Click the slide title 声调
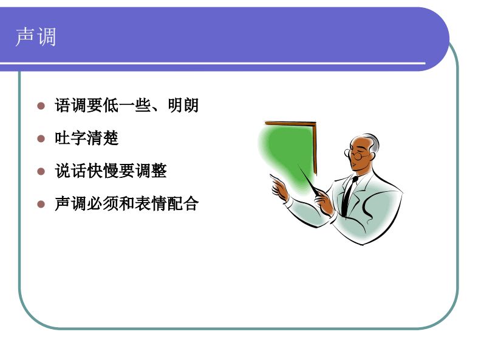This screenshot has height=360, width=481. tap(36, 37)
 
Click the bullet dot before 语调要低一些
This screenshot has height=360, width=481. tap(41, 106)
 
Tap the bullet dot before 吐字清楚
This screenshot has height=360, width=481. tap(41, 138)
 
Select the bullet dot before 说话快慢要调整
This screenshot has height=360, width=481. tap(41, 171)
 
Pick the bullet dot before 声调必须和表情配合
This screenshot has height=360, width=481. tap(41, 204)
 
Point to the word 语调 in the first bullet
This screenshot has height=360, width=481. tap(70, 106)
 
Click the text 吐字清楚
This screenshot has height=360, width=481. tap(86, 138)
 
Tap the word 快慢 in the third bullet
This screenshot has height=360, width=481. tap(103, 171)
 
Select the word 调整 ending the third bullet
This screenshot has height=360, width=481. tap(151, 171)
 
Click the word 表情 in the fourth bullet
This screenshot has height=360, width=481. tap(151, 204)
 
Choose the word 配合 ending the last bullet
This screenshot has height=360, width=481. tap(183, 204)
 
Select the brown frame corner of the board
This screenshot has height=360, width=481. tap(314, 125)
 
